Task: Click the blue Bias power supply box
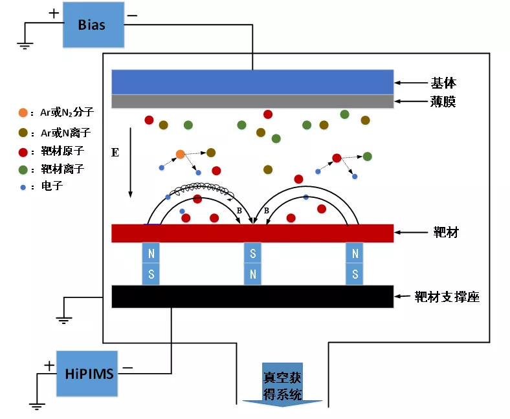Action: [x=91, y=25]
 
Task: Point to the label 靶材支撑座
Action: [x=447, y=297]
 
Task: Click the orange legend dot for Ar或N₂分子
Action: [x=23, y=113]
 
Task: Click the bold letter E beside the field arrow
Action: [x=115, y=153]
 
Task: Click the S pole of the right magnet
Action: [x=355, y=274]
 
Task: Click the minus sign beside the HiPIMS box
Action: [x=127, y=367]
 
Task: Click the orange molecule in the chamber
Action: [x=181, y=154]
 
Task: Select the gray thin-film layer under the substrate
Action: [x=253, y=102]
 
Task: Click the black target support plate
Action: [x=253, y=296]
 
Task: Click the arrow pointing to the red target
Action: [x=410, y=233]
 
